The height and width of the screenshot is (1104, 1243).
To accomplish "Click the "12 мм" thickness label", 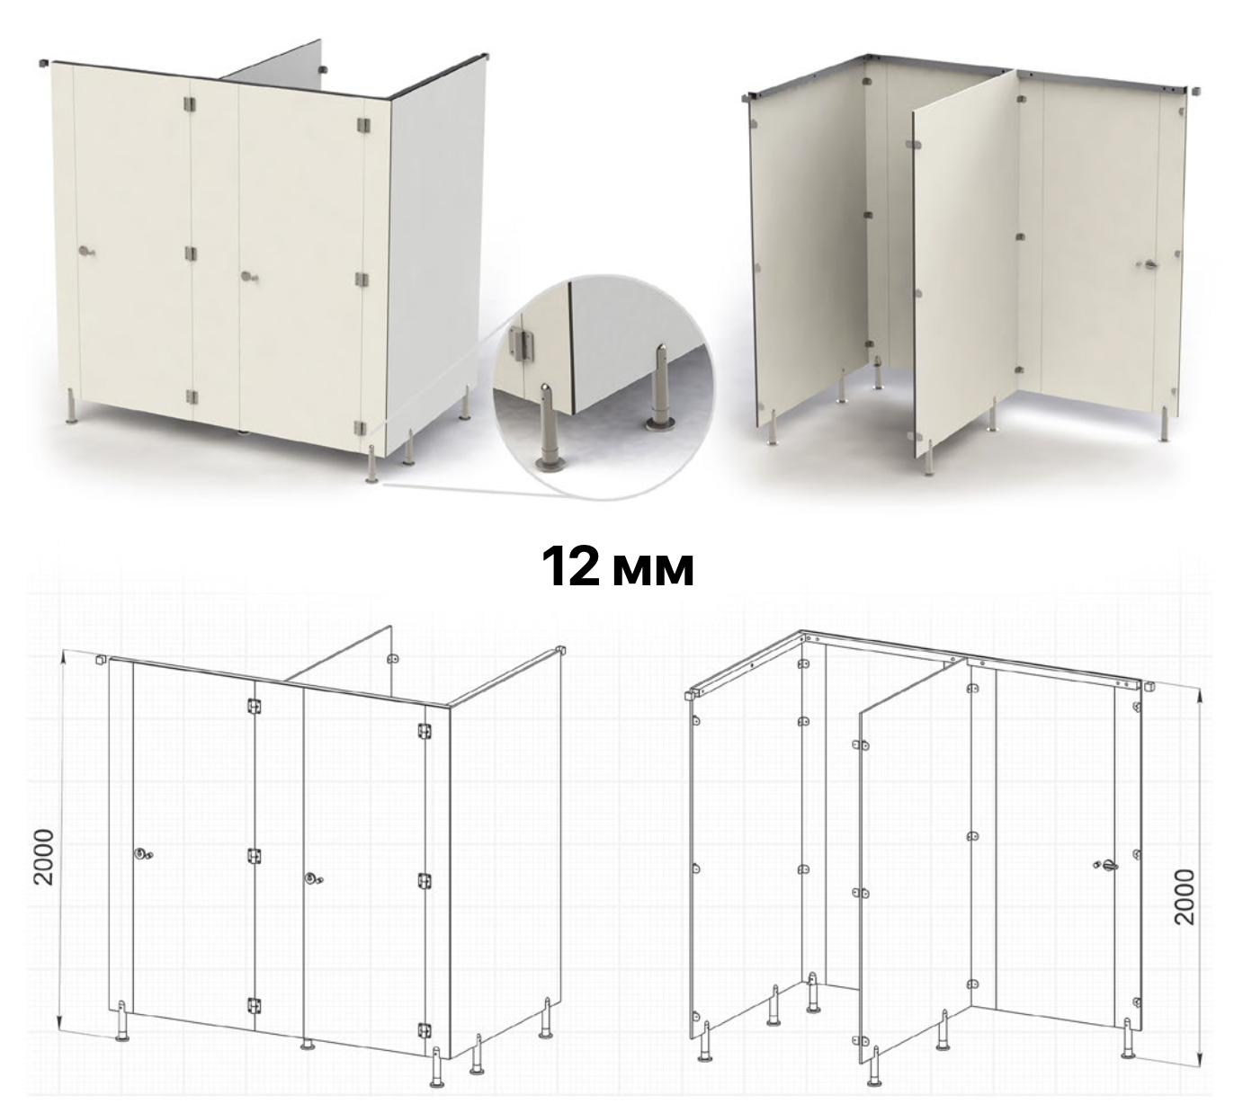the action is tap(618, 566).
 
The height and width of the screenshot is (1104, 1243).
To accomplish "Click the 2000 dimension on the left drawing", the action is tap(43, 857).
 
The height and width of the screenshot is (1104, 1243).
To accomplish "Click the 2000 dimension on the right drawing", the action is tap(1185, 896).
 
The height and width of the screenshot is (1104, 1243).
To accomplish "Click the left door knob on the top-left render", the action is tap(86, 251).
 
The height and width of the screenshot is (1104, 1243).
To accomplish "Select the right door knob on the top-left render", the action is tap(249, 277).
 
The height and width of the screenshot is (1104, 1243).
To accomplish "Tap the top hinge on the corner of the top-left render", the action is tap(362, 124).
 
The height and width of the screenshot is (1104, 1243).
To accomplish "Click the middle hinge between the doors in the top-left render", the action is tap(191, 254).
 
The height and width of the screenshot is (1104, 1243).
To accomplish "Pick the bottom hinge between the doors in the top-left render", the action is tap(192, 397).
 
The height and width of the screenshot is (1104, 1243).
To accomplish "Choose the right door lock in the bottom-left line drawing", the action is tap(314, 879).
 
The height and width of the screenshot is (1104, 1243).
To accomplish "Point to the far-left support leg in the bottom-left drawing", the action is tap(122, 1020).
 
